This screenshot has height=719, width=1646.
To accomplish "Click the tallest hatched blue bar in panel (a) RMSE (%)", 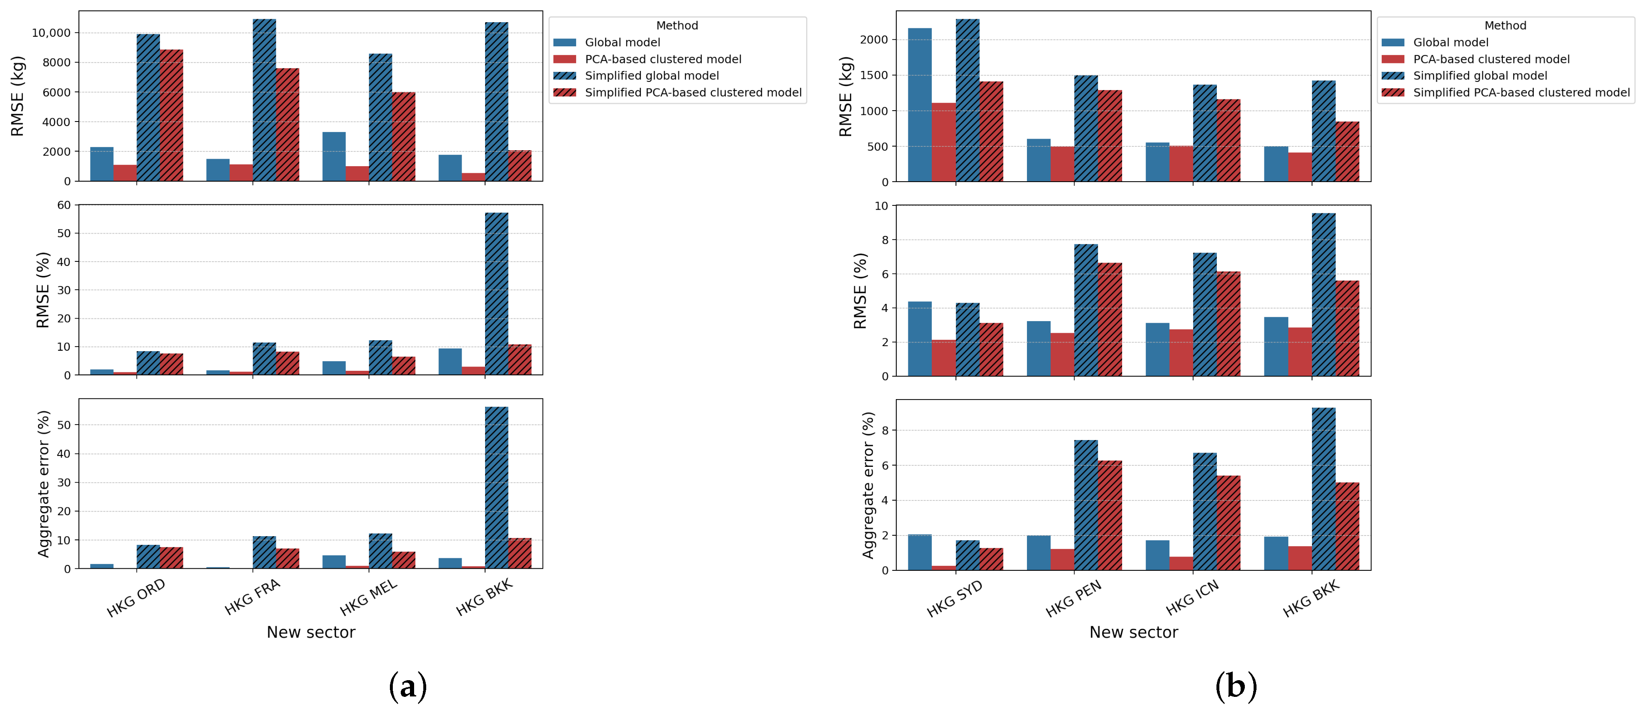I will pos(496,294).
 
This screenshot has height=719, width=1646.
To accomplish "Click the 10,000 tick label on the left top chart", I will pos(51,33).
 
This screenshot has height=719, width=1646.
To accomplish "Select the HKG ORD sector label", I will pos(136,598).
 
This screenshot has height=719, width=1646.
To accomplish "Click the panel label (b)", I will pos(1235,686).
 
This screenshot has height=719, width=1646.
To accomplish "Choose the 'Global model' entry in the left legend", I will pos(622,42).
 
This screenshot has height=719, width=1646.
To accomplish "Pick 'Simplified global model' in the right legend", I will pos(1480,76).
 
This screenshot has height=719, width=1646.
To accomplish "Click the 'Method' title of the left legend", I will pos(677,25).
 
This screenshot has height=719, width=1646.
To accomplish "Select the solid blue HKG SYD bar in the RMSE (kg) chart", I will pos(920,106).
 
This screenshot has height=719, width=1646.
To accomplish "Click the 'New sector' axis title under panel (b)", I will pos(1133,632).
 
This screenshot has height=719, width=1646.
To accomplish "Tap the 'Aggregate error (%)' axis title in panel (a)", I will pos(43,484).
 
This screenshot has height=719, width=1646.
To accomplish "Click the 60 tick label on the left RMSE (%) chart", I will pos(64,205).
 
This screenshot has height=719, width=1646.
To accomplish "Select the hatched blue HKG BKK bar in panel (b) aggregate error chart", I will pos(1323,489).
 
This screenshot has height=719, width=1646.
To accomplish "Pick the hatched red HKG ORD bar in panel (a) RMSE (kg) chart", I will pos(171,116).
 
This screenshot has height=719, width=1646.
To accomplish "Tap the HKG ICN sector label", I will pos(1192,598).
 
